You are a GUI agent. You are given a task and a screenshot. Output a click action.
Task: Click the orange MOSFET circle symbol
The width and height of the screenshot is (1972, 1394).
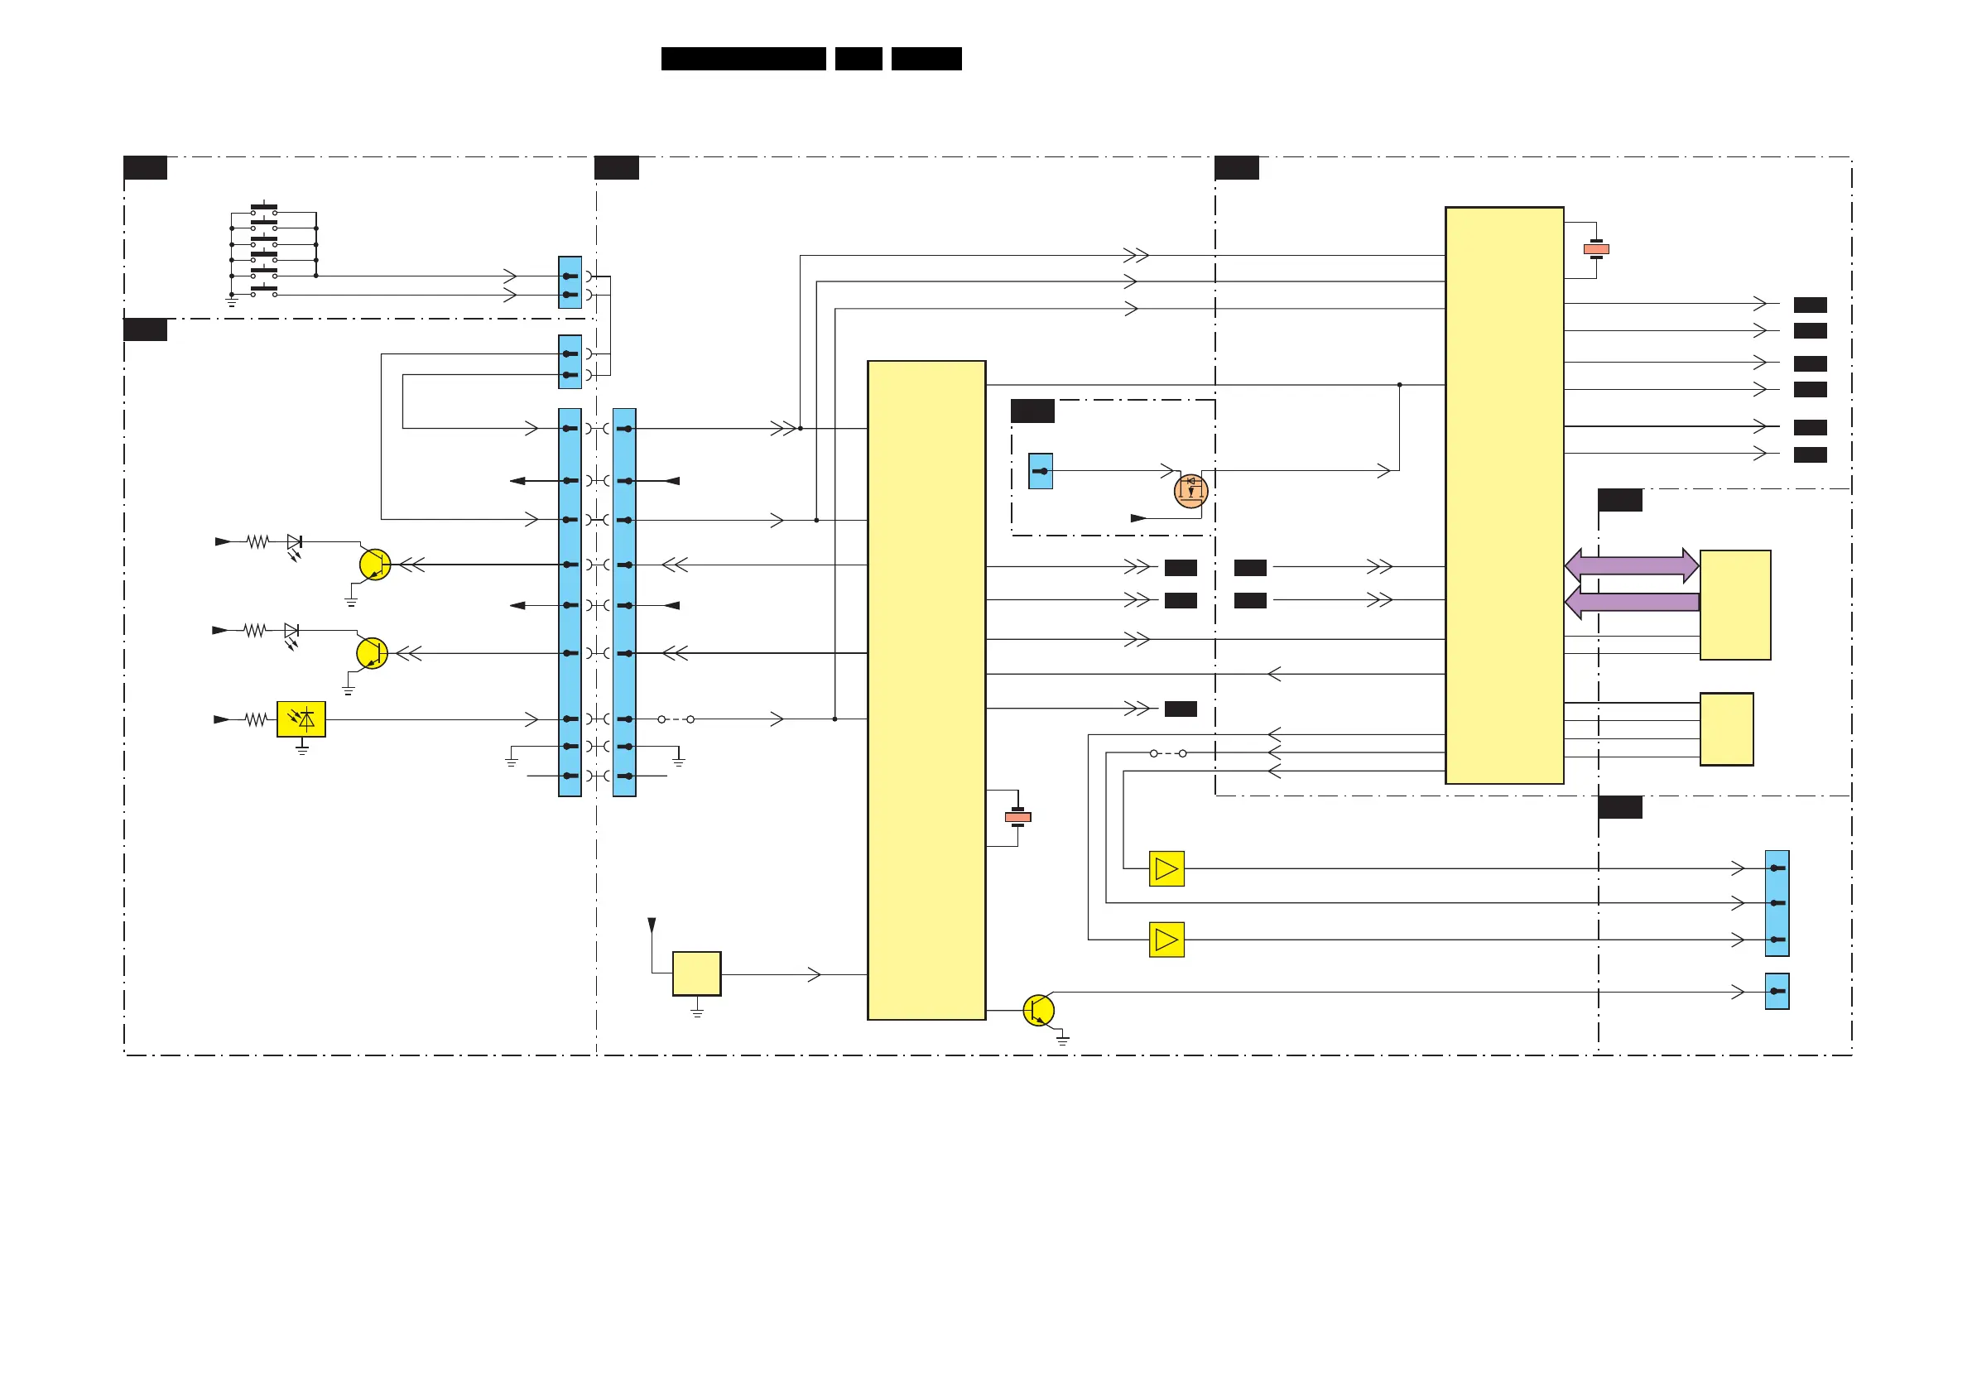pos(1190,491)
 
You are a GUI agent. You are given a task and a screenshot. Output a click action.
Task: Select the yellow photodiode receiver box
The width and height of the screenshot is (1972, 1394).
pos(301,719)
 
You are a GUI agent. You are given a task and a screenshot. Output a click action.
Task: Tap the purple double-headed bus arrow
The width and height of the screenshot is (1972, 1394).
pos(1631,565)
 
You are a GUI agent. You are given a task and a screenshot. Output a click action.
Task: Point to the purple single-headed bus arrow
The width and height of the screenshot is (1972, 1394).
pos(1631,602)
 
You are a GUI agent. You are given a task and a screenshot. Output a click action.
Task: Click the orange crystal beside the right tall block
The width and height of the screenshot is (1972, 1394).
pos(1596,249)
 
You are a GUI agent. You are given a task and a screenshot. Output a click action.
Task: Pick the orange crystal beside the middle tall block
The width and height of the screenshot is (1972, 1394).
pos(1017,817)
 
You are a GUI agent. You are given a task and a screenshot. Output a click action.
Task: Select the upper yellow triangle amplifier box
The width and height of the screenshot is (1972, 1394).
pos(1166,868)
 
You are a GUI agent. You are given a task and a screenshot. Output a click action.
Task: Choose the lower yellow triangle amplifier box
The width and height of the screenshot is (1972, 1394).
pos(1166,940)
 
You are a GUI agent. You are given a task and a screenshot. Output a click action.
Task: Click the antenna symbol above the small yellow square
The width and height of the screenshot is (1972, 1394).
pos(652,925)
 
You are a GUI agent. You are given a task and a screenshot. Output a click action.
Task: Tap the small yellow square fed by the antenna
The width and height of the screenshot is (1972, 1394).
pos(696,973)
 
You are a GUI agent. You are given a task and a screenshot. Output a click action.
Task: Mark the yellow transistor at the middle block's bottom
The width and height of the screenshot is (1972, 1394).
pos(1038,1010)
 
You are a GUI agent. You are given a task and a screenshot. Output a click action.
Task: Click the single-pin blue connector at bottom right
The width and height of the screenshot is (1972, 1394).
pos(1776,991)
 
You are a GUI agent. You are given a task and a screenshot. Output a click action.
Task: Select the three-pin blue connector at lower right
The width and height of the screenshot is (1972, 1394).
pos(1776,903)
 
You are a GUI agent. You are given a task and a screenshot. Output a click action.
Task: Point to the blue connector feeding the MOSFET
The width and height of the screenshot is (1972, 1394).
pos(1040,472)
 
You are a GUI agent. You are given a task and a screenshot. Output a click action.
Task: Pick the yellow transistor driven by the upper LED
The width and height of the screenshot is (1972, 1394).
pos(374,565)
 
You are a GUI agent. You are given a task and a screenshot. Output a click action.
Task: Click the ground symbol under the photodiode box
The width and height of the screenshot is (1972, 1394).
pos(302,750)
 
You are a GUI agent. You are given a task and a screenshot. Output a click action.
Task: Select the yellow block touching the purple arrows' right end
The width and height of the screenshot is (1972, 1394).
pos(1735,604)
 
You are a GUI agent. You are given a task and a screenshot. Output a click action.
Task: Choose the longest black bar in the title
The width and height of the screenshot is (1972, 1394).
pos(743,59)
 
